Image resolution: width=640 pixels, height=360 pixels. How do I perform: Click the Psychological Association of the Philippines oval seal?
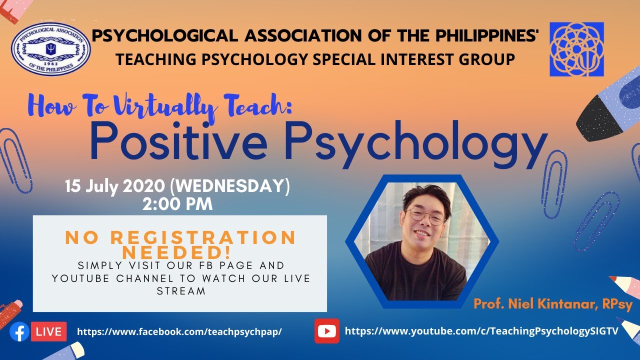tap(50, 49)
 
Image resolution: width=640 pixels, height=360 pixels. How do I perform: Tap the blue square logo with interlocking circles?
tap(576, 49)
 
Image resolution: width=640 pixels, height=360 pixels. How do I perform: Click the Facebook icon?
tap(19, 331)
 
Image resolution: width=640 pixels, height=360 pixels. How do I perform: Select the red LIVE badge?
tap(49, 331)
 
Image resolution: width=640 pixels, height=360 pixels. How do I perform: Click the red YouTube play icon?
tap(327, 331)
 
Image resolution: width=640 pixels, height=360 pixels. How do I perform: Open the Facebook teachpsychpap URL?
tap(179, 331)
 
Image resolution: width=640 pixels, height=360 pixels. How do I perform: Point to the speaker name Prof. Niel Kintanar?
tap(553, 304)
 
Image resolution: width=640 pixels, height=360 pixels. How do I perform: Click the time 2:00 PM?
tap(177, 204)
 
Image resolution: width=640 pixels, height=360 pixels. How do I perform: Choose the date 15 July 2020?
tap(115, 187)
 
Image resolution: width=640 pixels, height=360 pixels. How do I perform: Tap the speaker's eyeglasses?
tap(424, 215)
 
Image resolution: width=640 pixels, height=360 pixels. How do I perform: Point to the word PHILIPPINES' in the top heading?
tap(480, 36)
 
